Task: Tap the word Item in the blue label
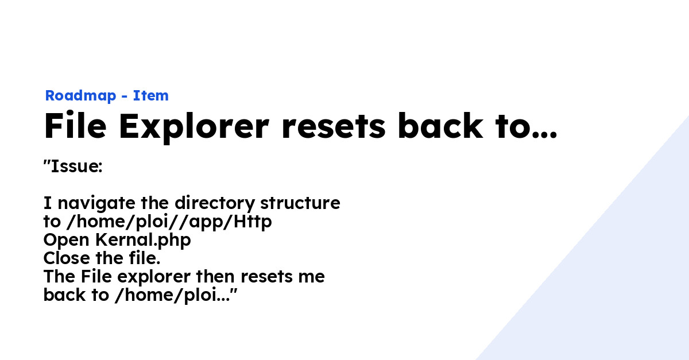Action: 151,96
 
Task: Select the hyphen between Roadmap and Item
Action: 124,96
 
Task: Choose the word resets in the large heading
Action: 333,126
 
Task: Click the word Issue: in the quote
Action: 76,167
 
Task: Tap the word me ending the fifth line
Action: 313,277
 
